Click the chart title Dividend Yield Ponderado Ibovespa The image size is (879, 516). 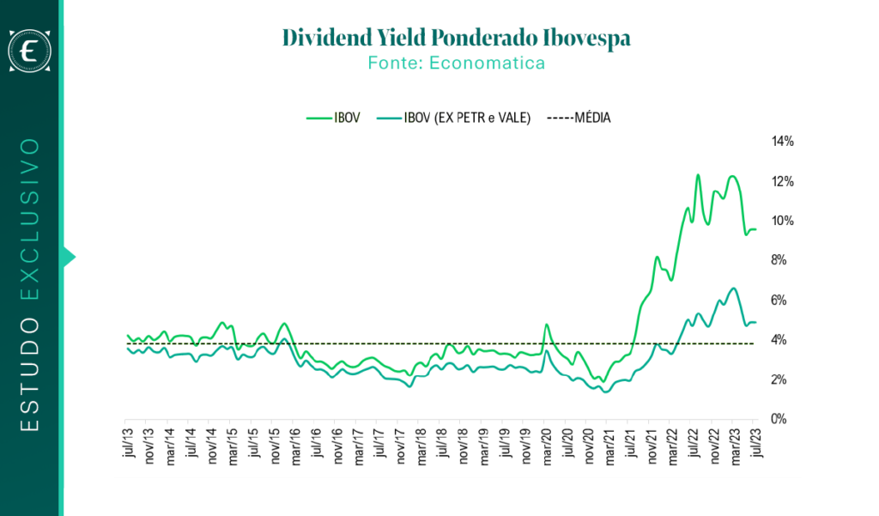457,38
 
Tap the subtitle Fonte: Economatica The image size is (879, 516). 457,63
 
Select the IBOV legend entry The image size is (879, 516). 333,118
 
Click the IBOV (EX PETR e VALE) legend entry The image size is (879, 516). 453,118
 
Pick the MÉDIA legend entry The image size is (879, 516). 579,118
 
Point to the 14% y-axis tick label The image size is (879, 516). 783,142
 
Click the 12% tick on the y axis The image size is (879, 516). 783,181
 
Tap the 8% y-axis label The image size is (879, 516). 779,260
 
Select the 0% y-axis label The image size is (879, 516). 779,419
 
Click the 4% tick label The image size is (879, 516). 779,340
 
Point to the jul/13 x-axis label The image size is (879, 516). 129,442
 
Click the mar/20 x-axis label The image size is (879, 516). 547,446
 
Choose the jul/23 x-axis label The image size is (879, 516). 756,442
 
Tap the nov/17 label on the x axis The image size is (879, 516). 400,446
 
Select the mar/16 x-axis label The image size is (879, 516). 295,446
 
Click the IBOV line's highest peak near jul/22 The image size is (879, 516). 698,175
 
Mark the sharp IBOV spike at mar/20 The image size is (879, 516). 547,325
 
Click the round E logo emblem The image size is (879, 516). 29,51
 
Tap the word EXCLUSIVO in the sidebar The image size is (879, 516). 29,219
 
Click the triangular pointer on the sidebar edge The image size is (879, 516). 69,258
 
